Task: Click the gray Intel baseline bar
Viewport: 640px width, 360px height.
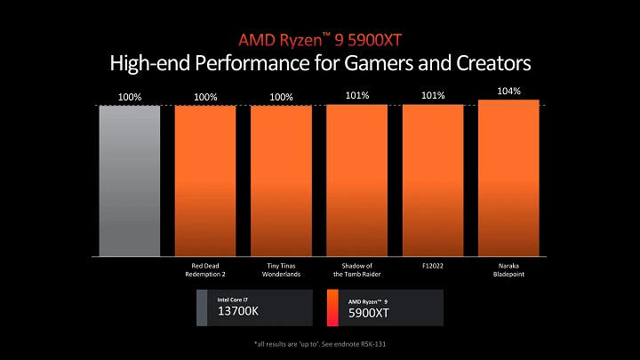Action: point(129,180)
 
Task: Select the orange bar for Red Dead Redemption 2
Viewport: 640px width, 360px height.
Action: point(205,180)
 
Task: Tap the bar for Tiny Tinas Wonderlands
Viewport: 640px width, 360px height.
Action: point(281,180)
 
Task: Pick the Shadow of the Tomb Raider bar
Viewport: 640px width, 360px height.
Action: point(356,180)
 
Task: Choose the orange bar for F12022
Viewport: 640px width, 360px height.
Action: point(433,180)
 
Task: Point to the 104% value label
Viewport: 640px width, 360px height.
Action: point(509,91)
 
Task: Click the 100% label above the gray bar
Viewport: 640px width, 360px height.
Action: point(130,96)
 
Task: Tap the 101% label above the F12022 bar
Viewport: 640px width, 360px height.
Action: point(433,95)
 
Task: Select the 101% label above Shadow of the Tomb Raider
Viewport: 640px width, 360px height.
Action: point(357,95)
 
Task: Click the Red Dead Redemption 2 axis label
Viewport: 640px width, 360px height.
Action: point(205,269)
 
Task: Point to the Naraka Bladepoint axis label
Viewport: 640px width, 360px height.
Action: point(508,269)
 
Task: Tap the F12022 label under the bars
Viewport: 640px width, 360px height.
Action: point(433,265)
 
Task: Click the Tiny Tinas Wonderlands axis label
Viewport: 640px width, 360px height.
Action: point(281,269)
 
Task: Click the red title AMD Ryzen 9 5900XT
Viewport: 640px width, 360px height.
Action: point(319,40)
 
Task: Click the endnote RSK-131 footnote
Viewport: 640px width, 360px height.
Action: point(319,343)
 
